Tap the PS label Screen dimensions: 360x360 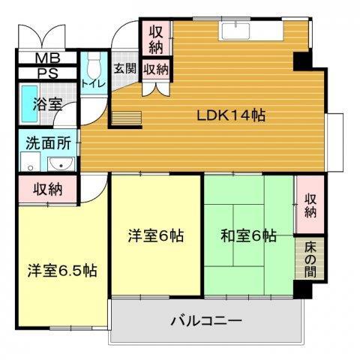tap(47, 73)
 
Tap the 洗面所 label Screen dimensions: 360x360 tap(46, 141)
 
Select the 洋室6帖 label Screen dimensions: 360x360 tap(155, 235)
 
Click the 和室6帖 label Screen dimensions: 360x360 tap(248, 235)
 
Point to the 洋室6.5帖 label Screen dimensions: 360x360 tap(63, 269)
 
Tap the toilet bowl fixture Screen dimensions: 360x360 tap(94, 62)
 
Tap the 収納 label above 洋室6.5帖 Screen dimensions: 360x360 tap(46, 190)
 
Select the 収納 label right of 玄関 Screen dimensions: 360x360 tap(156, 69)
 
